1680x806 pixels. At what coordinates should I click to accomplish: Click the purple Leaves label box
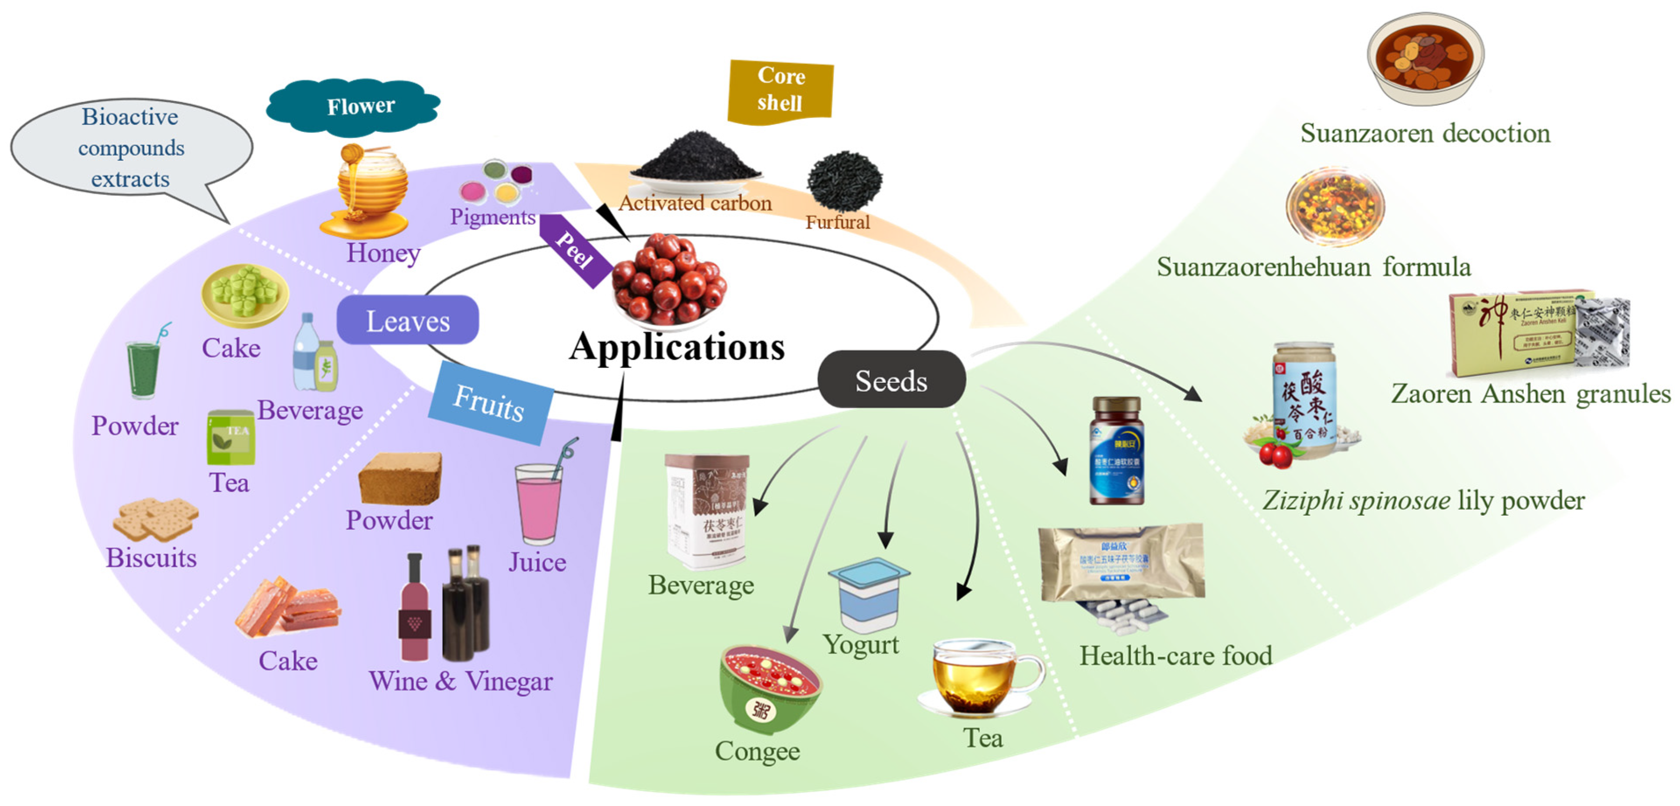(x=408, y=320)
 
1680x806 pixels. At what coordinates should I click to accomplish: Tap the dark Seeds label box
(x=891, y=380)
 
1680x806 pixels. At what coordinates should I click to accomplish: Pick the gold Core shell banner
(x=781, y=90)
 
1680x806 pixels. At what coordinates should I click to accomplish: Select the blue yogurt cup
(x=868, y=593)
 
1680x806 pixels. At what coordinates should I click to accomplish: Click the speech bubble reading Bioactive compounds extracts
(x=131, y=149)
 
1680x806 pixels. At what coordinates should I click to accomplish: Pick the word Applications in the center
(x=677, y=346)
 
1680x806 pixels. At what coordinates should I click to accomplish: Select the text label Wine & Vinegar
(x=461, y=680)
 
